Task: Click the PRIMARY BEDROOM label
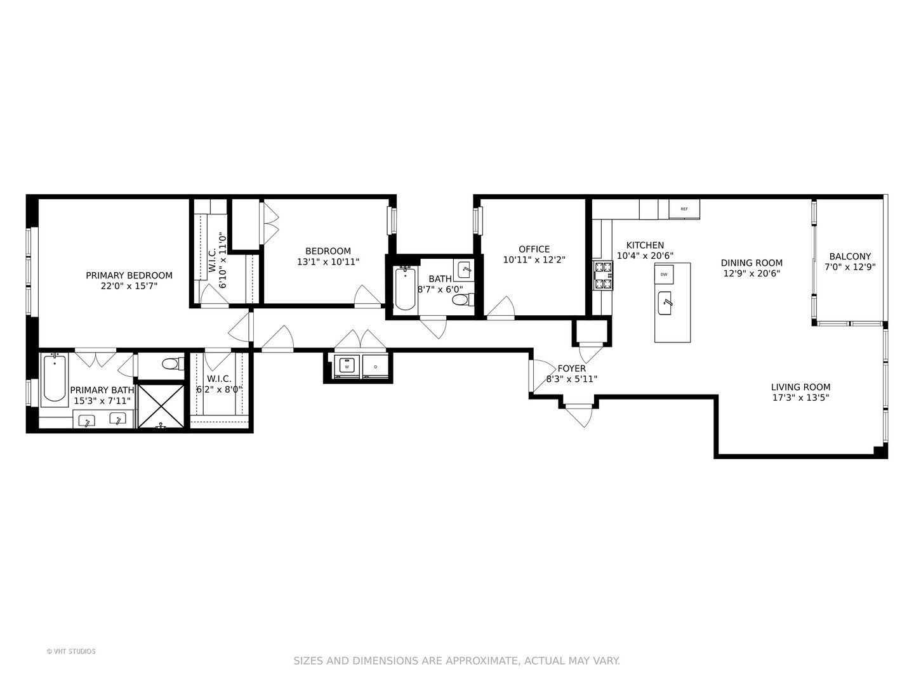129,275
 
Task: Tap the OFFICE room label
534,249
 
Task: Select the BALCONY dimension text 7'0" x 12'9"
850,267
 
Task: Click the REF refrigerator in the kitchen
684,209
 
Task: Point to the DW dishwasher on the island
664,274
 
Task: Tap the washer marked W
347,367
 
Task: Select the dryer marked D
375,367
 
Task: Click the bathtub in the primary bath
55,379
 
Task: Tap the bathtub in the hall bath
405,289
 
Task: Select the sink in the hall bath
465,268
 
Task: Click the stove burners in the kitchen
603,276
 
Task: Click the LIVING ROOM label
800,387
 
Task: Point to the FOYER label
571,369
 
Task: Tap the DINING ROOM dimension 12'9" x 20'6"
752,273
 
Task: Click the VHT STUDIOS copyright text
71,651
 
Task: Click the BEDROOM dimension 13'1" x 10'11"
328,261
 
